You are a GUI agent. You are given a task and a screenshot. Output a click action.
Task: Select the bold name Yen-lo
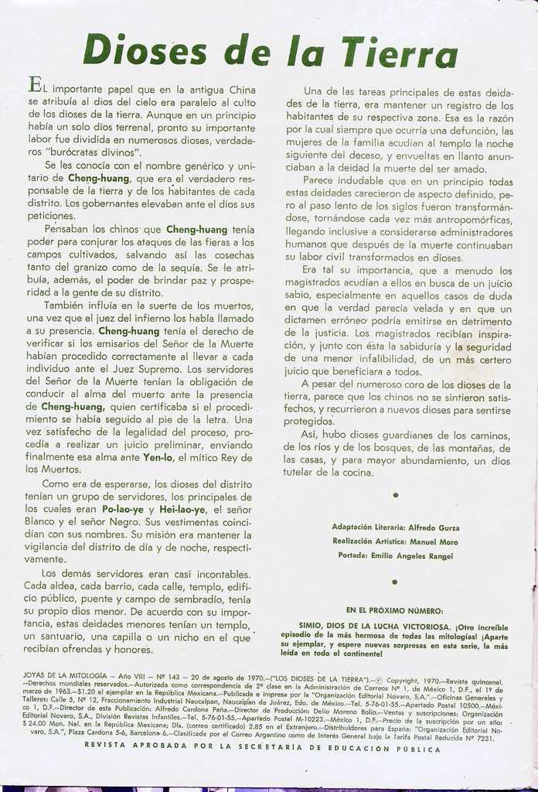pos(158,457)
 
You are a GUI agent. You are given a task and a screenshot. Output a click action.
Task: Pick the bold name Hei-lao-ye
pos(182,509)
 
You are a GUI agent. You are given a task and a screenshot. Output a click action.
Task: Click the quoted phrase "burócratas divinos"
pos(94,152)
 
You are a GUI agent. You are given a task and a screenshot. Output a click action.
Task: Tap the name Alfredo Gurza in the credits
pos(433,527)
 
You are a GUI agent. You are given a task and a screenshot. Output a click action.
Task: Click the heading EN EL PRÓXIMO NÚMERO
pos(394,610)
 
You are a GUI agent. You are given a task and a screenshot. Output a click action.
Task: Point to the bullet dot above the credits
pos(395,494)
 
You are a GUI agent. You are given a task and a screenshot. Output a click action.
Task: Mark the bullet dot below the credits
pos(395,582)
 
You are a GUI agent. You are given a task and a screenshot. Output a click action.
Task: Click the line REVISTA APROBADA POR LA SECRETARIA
pos(263,749)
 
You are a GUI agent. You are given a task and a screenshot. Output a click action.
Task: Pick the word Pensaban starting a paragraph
pos(69,229)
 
